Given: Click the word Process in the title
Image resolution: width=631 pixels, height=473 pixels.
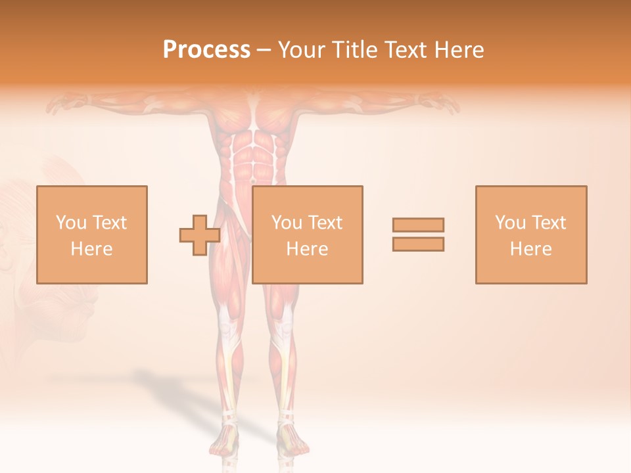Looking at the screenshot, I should pyautogui.click(x=206, y=50).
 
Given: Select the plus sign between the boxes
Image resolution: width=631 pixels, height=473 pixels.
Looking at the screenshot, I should pyautogui.click(x=200, y=235).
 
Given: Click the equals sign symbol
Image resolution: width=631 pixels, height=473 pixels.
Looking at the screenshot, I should pyautogui.click(x=418, y=235).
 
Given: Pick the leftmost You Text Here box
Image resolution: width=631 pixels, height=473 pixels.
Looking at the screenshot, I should pyautogui.click(x=91, y=235).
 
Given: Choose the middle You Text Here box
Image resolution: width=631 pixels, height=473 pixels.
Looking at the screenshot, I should pyautogui.click(x=307, y=235).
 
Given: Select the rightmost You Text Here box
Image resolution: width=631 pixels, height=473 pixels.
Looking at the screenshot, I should pyautogui.click(x=530, y=235).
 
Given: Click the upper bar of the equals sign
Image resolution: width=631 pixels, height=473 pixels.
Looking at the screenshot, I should pyautogui.click(x=418, y=225).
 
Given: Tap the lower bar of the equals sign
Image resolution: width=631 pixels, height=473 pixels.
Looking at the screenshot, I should pyautogui.click(x=418, y=244).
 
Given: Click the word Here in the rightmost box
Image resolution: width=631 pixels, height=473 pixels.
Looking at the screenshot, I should pyautogui.click(x=530, y=249).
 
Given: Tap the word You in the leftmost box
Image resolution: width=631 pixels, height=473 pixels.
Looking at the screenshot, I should pyautogui.click(x=71, y=223).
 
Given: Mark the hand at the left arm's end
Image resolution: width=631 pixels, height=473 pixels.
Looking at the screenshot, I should pyautogui.click(x=62, y=103).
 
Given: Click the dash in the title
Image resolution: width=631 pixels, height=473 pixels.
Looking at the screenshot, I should pyautogui.click(x=264, y=50).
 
